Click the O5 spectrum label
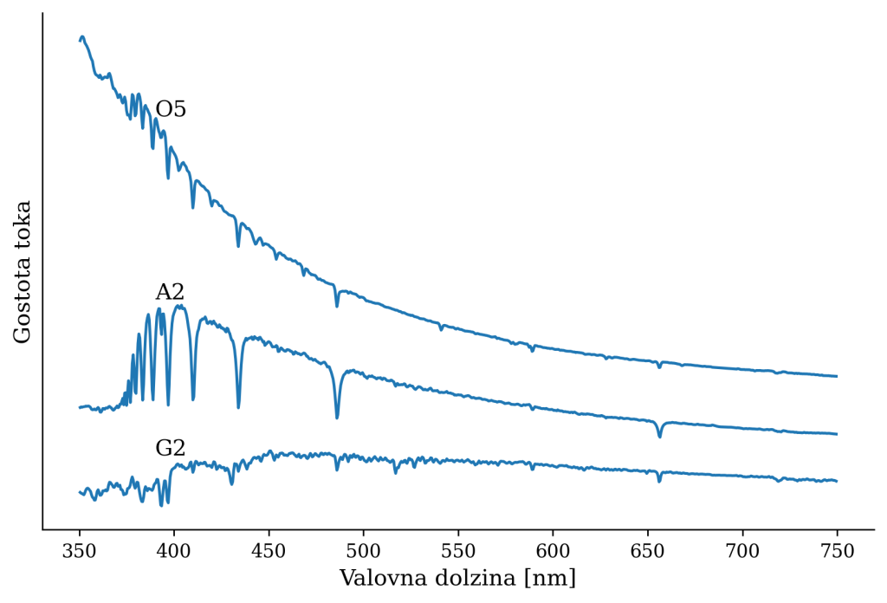(x=171, y=110)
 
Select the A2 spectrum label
(x=170, y=292)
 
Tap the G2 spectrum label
(x=170, y=448)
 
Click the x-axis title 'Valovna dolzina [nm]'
(x=457, y=578)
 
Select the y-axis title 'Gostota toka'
(x=23, y=271)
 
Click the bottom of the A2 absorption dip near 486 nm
(x=337, y=418)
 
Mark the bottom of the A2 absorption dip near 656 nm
(x=659, y=437)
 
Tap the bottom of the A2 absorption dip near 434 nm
(x=238, y=407)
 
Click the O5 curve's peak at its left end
(x=82, y=36)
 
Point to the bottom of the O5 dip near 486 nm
(x=337, y=306)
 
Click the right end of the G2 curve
(x=837, y=481)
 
